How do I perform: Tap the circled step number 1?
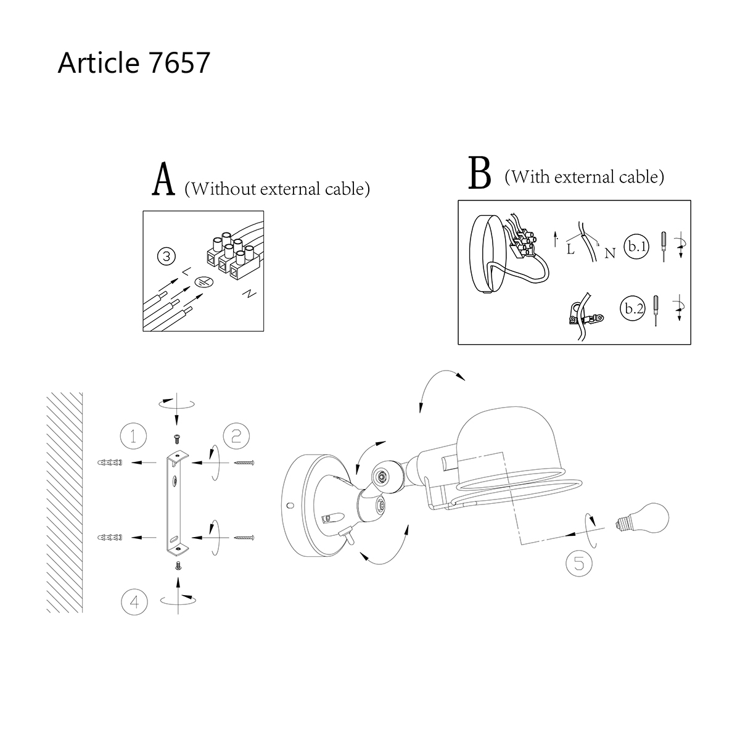pyautogui.click(x=133, y=436)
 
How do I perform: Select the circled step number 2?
pyautogui.click(x=236, y=436)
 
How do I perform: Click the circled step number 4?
pyautogui.click(x=134, y=601)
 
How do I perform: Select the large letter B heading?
pyautogui.click(x=480, y=174)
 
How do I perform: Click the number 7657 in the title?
pyautogui.click(x=179, y=63)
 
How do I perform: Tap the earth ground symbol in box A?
pyautogui.click(x=204, y=282)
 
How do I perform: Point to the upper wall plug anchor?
pyautogui.click(x=111, y=462)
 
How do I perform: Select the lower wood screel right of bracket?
pyautogui.click(x=244, y=538)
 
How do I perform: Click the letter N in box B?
pyautogui.click(x=609, y=253)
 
